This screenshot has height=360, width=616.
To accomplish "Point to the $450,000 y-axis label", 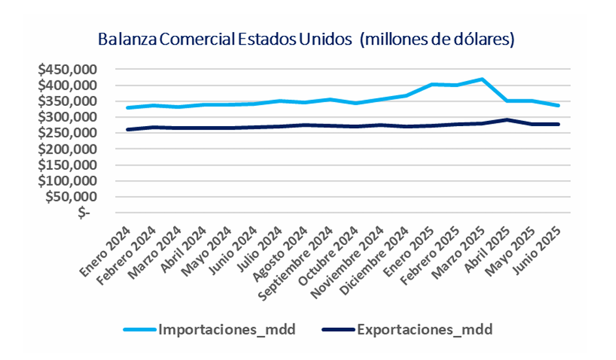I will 68,70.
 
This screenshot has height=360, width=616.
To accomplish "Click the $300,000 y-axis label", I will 68,117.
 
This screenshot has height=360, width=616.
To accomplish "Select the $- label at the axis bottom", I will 83,212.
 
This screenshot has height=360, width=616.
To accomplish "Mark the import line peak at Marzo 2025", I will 482,79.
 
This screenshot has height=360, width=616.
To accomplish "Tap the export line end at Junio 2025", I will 559,124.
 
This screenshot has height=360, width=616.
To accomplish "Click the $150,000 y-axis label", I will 68,165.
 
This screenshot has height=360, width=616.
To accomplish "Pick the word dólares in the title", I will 484,39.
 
